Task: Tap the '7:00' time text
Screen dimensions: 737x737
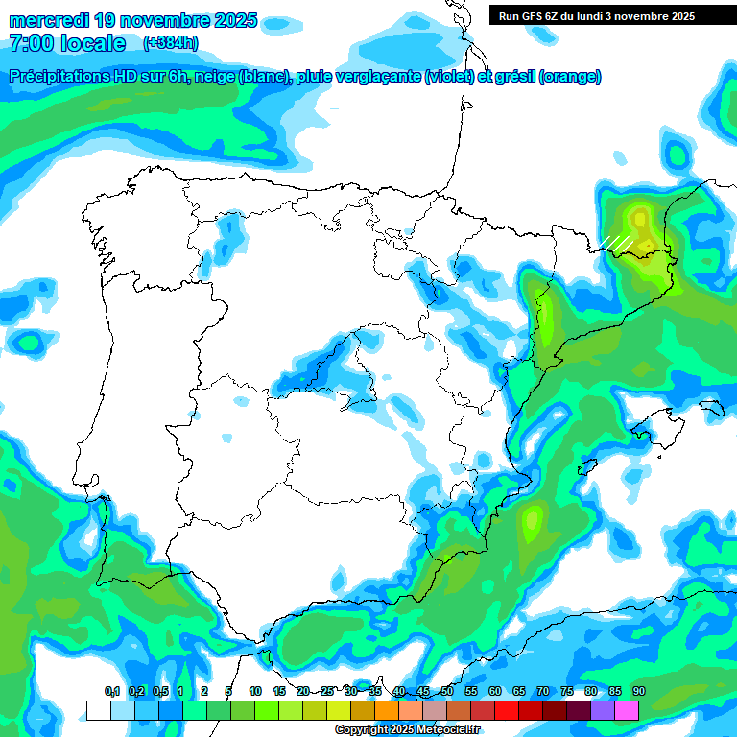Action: click(x=32, y=43)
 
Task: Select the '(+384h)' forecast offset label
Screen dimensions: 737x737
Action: click(x=170, y=43)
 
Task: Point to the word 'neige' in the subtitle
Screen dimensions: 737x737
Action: click(x=220, y=77)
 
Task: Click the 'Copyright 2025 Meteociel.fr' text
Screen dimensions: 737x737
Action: click(x=407, y=730)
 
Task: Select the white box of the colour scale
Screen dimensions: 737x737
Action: click(x=98, y=710)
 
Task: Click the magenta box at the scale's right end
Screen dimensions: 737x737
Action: click(x=627, y=710)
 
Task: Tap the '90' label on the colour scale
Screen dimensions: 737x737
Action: click(x=639, y=692)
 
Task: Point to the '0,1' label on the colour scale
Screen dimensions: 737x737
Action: click(x=111, y=692)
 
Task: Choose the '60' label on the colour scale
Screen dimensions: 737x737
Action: click(x=495, y=692)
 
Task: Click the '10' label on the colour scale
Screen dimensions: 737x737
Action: click(x=255, y=692)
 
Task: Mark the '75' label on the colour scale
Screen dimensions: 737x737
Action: click(x=567, y=692)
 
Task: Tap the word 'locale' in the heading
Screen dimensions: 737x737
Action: click(x=92, y=43)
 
